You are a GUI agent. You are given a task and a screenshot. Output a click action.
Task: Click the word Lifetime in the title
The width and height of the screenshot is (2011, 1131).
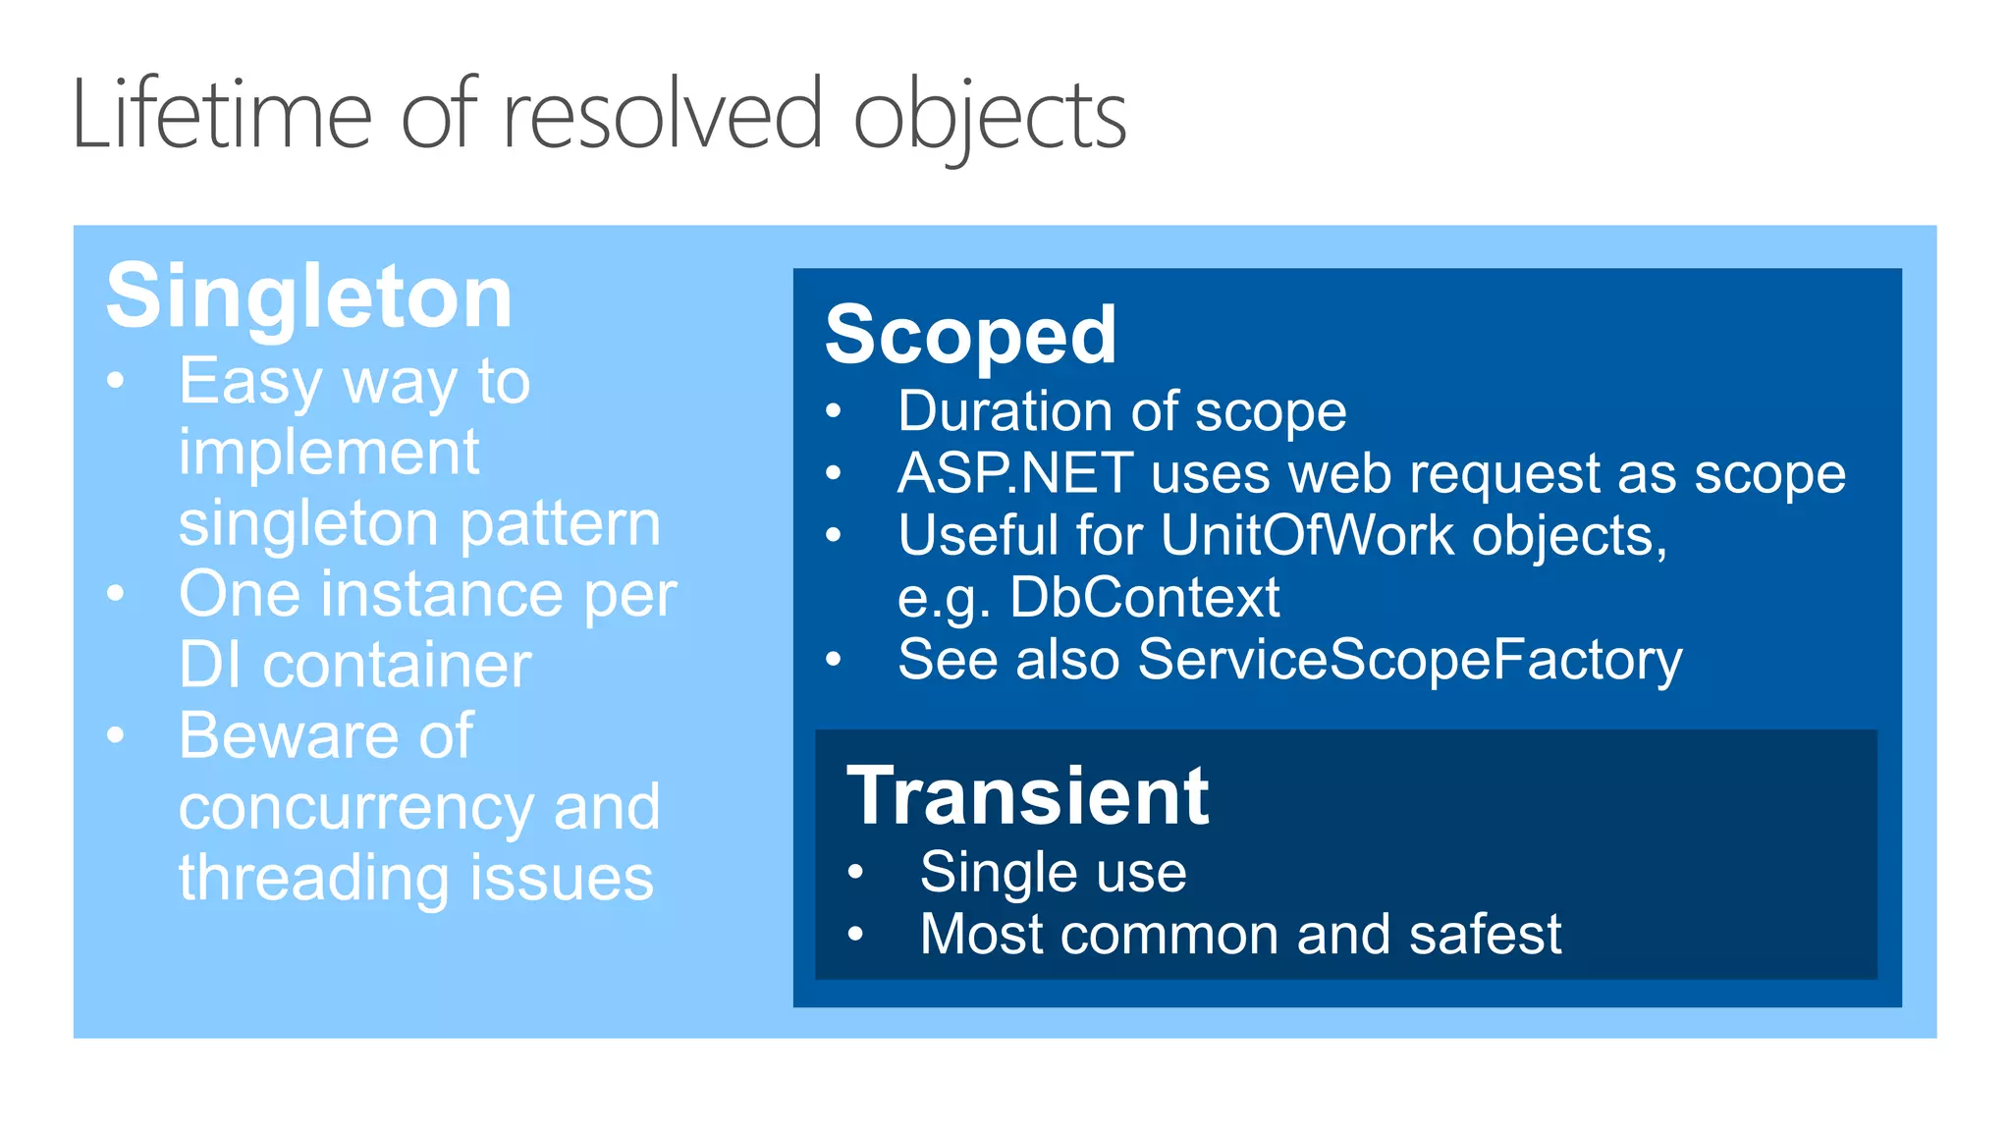coord(222,116)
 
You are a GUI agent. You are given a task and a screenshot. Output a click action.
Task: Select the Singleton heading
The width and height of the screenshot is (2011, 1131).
coord(309,296)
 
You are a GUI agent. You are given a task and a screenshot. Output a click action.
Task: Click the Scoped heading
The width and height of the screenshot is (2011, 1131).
coord(970,336)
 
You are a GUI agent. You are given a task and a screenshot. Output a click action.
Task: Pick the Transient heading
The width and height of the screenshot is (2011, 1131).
coord(1027,796)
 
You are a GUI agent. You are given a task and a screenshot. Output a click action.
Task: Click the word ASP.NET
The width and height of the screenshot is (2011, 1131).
coord(1015,473)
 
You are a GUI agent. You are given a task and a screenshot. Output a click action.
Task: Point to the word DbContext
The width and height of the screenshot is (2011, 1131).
coord(1144,597)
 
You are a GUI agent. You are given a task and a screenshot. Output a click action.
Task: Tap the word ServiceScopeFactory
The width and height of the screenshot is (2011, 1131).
coord(1409,659)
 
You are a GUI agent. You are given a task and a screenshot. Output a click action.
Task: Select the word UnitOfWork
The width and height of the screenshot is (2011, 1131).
coord(1307,535)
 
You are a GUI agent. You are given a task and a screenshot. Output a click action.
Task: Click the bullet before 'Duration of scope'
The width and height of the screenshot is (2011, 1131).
coord(834,411)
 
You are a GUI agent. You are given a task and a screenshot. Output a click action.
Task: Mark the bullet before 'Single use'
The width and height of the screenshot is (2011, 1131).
coord(855,872)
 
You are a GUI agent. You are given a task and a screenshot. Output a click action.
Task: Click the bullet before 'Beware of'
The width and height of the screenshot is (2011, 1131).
coord(116,735)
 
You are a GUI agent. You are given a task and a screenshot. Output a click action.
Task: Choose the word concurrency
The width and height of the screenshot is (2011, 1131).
coord(356,807)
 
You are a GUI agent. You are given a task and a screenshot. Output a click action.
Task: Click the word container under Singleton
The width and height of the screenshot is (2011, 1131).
coord(397,666)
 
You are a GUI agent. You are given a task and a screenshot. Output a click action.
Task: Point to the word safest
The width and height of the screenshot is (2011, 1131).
coord(1484,934)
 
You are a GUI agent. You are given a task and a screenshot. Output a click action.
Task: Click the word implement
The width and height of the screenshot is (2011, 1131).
coord(329,453)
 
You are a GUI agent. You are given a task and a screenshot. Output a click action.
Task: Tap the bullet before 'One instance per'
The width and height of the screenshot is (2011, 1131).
coord(116,594)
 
